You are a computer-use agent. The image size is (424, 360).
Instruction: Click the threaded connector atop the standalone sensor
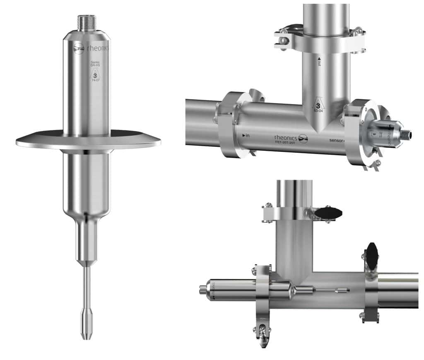87,21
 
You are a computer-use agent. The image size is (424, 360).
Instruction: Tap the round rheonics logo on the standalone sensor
79,48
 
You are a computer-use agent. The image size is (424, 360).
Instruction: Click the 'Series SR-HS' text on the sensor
95,65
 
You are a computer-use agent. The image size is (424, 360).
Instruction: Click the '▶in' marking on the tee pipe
246,135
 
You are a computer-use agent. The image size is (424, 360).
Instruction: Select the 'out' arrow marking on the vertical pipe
319,62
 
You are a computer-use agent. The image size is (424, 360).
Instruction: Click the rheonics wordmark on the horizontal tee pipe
285,137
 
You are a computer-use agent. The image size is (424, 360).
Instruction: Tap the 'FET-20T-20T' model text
284,142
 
